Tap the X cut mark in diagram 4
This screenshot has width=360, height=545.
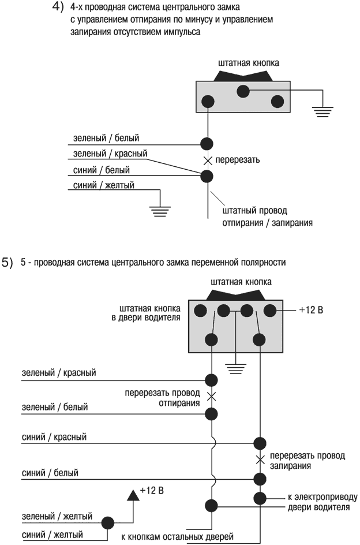pyautogui.click(x=207, y=159)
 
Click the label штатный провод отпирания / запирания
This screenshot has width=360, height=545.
pyautogui.click(x=267, y=216)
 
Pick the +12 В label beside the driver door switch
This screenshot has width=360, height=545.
pyautogui.click(x=312, y=311)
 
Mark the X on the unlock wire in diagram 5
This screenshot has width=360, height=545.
pyautogui.click(x=212, y=397)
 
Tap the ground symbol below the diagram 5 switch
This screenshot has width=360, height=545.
pyautogui.click(x=235, y=366)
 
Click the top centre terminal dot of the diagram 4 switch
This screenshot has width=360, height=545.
pyautogui.click(x=243, y=91)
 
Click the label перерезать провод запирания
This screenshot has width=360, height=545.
pyautogui.click(x=307, y=460)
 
